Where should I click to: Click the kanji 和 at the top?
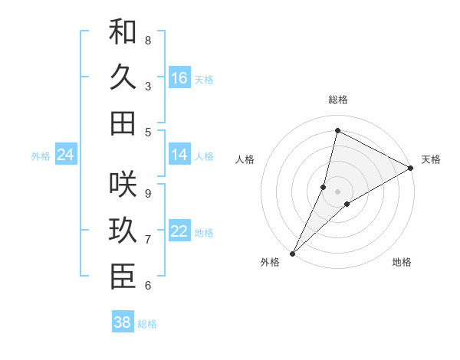tap(123, 32)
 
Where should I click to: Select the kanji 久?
tap(123, 77)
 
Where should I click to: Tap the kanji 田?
tap(123, 123)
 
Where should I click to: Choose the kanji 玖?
tap(123, 232)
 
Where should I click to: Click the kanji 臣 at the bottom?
tap(123, 278)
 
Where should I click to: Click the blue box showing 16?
tap(179, 78)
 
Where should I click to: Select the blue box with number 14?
tap(179, 155)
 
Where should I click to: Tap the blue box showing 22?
tap(179, 231)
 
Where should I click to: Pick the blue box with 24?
tap(66, 155)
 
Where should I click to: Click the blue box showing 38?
tap(123, 322)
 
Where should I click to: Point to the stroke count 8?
tap(148, 40)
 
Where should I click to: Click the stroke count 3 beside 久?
tap(148, 86)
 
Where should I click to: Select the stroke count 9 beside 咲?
tap(148, 193)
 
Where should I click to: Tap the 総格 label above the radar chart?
tap(337, 100)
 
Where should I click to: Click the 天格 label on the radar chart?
tap(431, 159)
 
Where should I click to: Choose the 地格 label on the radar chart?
tap(402, 262)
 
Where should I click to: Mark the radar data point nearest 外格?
tap(293, 253)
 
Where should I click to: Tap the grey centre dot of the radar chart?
tap(337, 191)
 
